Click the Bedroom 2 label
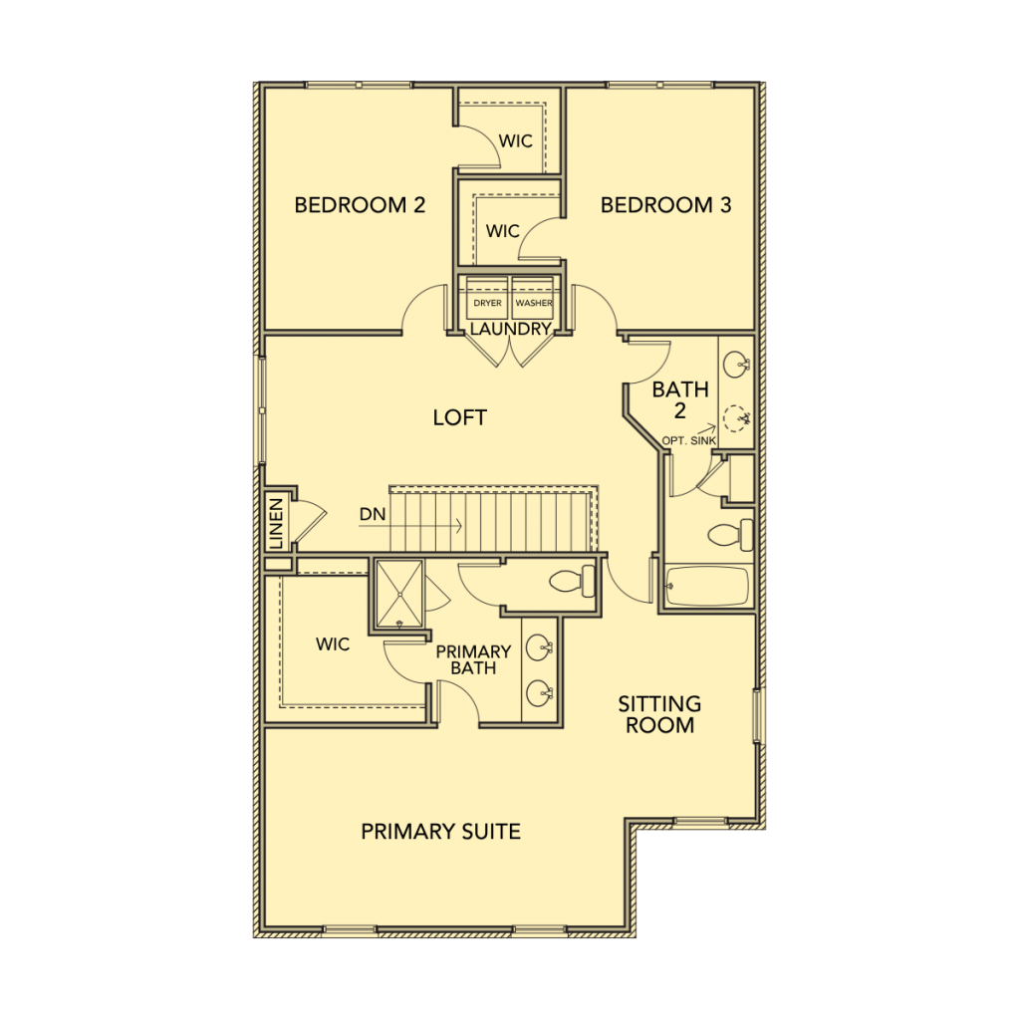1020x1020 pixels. (360, 205)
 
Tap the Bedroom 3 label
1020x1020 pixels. (665, 205)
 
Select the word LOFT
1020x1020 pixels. (460, 417)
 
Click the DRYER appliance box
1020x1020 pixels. (487, 297)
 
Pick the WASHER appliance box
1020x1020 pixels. (533, 297)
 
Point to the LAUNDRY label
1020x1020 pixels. (511, 329)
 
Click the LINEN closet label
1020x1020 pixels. (277, 523)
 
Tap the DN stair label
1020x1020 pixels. (373, 515)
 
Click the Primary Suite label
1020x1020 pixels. (440, 832)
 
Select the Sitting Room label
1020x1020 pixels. (659, 714)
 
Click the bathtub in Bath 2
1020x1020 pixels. (707, 586)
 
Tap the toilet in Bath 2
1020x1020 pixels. (730, 534)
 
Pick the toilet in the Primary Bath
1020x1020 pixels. (572, 581)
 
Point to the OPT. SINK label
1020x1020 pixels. (689, 441)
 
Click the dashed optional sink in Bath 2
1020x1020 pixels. (736, 418)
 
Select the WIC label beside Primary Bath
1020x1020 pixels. (333, 644)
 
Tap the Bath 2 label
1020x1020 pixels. (679, 400)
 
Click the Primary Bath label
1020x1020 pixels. (473, 659)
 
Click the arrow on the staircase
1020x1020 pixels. (410, 525)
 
